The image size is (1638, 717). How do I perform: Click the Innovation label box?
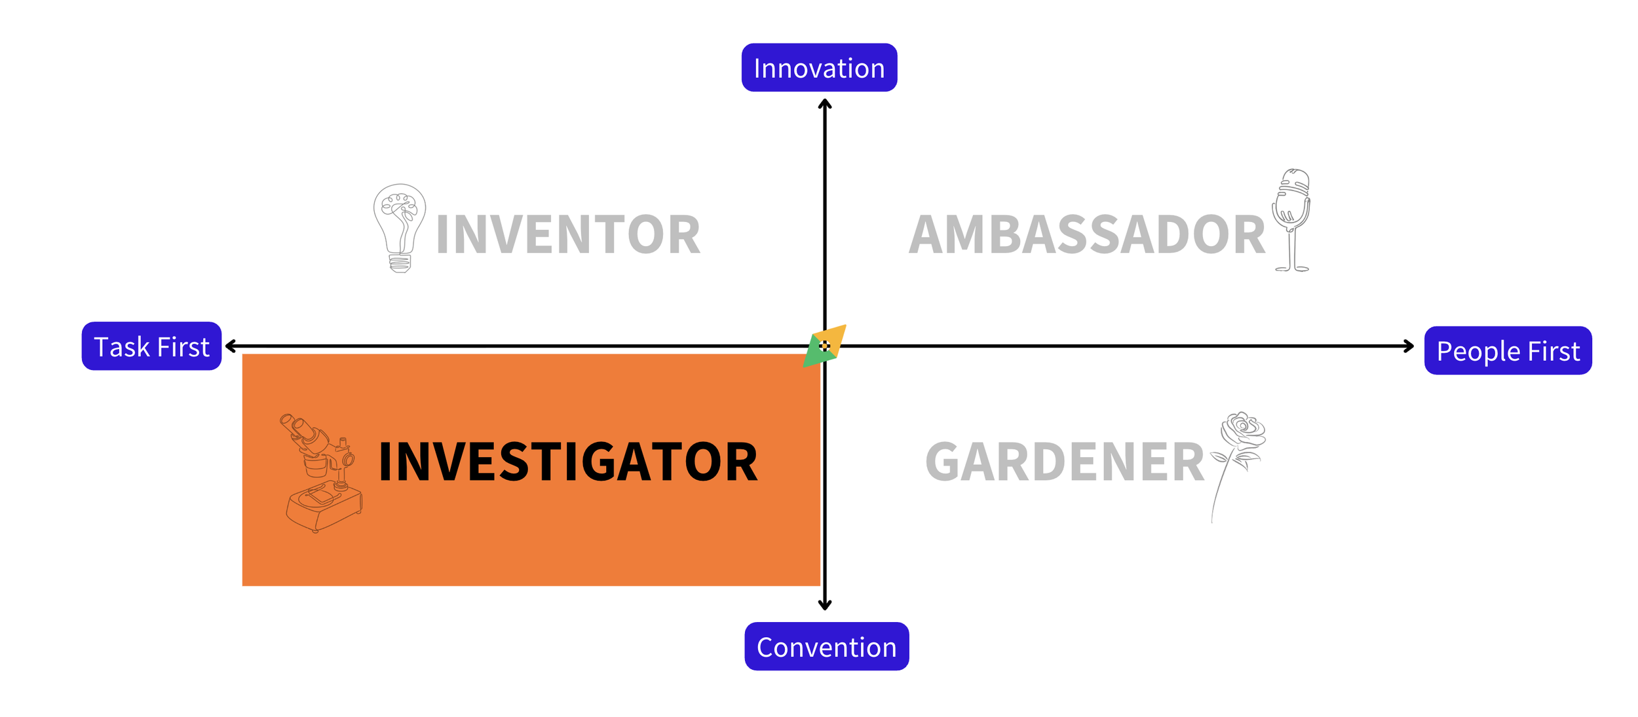819,67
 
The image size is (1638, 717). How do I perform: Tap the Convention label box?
826,646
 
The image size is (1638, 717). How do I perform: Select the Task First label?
151,346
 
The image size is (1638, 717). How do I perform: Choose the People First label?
1508,351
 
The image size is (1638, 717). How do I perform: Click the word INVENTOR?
567,234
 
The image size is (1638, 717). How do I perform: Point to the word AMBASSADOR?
1087,234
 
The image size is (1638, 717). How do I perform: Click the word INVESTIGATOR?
567,462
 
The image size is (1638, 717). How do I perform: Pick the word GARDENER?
1065,462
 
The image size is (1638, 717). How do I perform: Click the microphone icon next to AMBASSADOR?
1291,219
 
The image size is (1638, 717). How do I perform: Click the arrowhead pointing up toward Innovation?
825,103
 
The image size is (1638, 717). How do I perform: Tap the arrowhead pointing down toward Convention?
825,606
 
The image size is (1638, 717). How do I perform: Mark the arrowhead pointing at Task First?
230,346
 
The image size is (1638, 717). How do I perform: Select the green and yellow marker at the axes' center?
825,346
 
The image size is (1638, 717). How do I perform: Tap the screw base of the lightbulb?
400,264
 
